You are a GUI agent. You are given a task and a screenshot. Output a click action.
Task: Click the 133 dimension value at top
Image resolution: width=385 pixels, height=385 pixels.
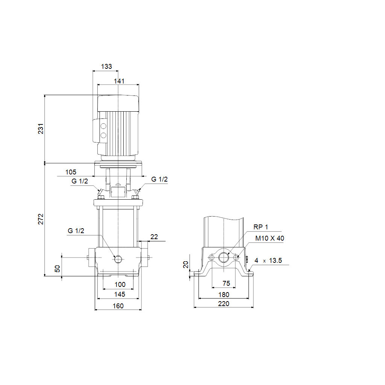tap(107, 67)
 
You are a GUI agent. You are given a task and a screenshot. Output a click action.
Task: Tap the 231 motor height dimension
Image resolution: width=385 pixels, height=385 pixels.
tap(41, 128)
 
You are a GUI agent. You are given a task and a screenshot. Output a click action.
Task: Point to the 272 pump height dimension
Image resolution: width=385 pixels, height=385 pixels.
tap(41, 219)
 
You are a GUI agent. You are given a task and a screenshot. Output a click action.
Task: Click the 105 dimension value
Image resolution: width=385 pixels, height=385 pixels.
tap(71, 172)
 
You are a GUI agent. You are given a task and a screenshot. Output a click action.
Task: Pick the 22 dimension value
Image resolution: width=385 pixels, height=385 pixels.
tap(154, 237)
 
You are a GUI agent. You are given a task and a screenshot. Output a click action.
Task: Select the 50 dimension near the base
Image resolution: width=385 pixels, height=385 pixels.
tap(57, 268)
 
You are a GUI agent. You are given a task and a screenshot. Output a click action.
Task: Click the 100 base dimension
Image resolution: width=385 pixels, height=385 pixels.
tap(120, 285)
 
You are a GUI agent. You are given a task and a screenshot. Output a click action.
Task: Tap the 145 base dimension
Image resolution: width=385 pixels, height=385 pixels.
tap(119, 294)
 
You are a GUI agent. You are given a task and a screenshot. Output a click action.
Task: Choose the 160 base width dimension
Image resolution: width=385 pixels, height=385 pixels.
tap(118, 306)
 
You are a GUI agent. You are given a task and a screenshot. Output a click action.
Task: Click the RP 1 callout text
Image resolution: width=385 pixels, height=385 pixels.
tap(261, 227)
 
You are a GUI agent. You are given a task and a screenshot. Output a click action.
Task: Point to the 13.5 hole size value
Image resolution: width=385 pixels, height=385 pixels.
tap(275, 261)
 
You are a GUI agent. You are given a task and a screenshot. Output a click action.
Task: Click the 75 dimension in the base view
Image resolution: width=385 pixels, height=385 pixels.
tap(226, 283)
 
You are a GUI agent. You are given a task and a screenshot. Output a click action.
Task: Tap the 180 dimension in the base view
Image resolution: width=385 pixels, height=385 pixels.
tap(224, 295)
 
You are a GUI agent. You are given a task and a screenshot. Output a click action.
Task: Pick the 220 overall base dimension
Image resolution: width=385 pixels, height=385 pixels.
tap(224, 304)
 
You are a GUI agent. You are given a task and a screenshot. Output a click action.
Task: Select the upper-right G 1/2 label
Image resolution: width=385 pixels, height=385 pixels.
tap(159, 180)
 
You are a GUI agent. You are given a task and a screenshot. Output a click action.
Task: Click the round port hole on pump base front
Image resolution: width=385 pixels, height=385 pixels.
tap(118, 259)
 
